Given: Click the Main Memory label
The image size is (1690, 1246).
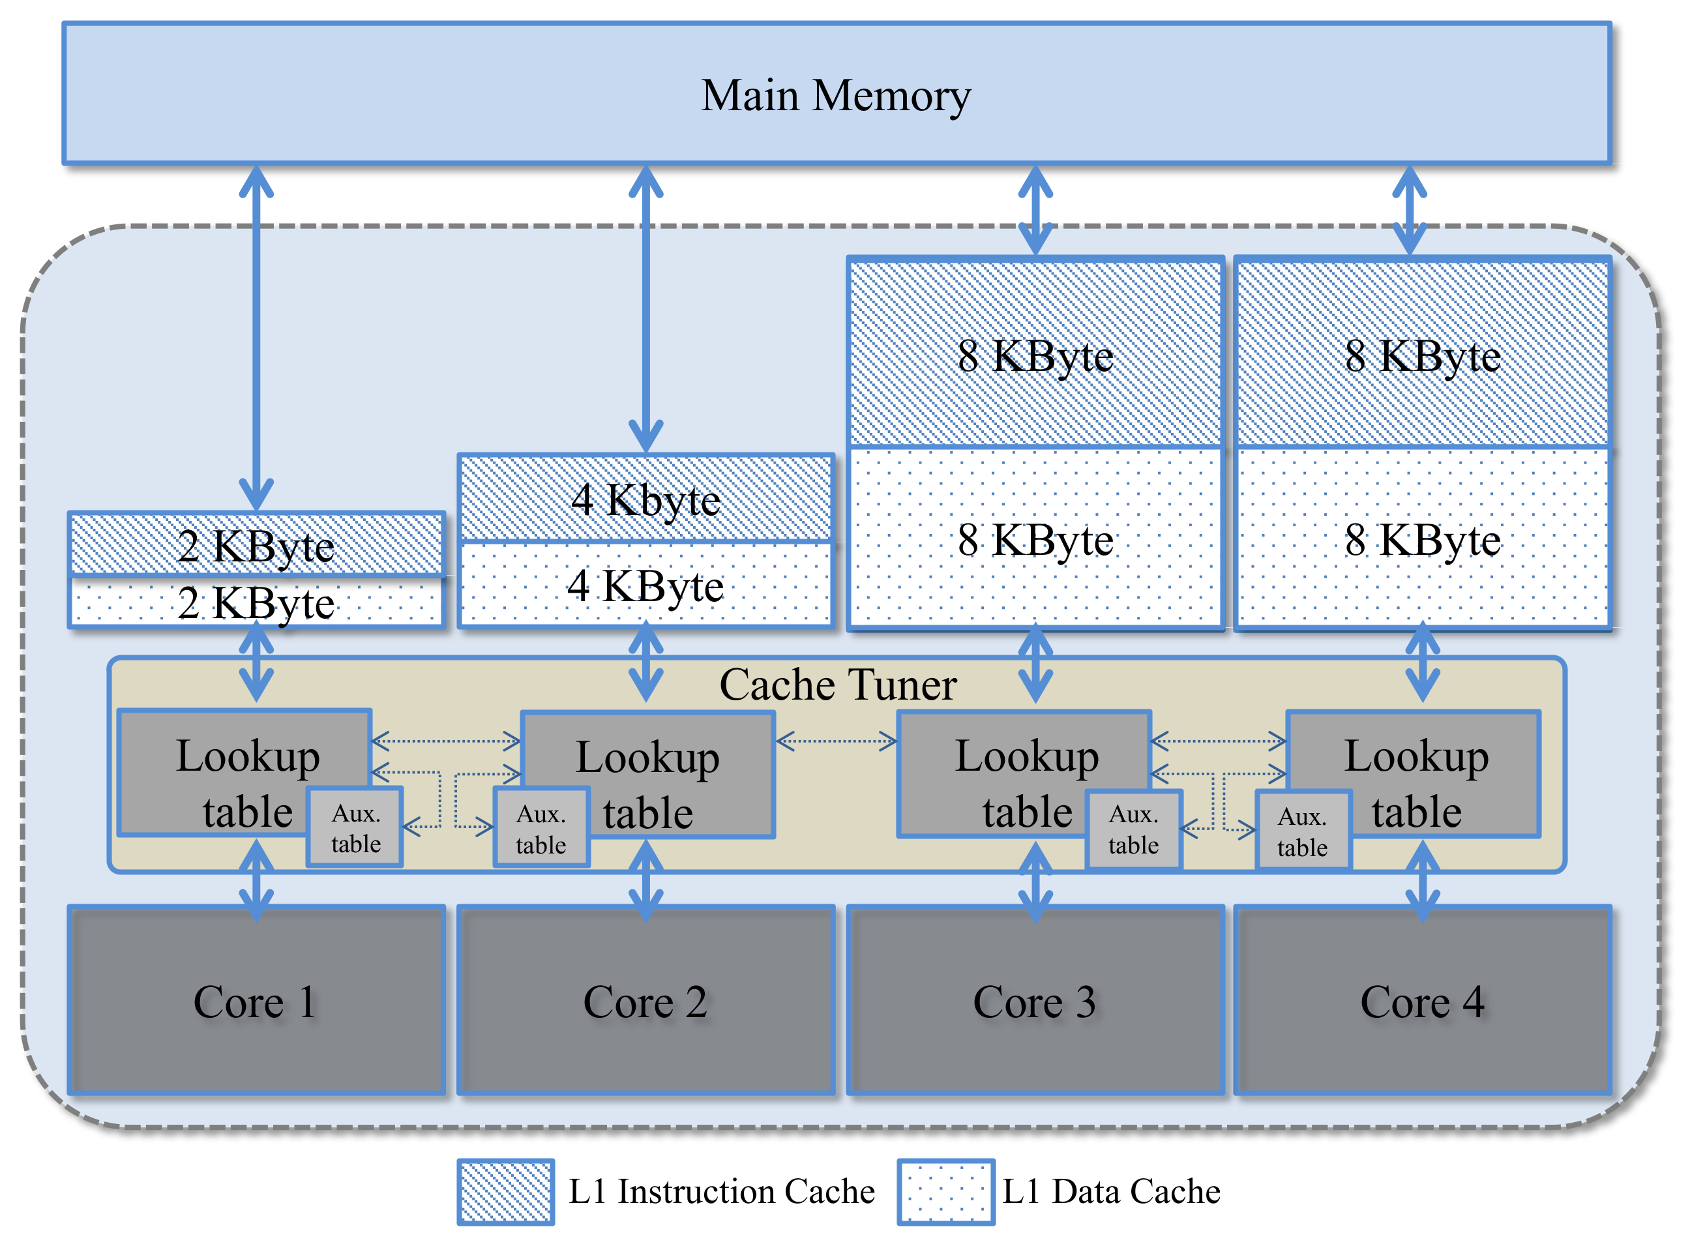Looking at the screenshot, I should tap(836, 96).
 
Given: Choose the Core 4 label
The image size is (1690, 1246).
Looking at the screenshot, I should tap(1421, 1002).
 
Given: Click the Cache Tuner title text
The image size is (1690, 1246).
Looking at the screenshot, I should tap(837, 684).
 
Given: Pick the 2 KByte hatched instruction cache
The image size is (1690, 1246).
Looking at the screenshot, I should tap(256, 544).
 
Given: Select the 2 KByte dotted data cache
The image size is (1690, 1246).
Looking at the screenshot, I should tap(256, 602).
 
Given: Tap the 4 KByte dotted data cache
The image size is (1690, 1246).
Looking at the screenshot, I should tap(645, 585).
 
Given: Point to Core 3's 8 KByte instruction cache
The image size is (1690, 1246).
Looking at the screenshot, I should tap(1035, 354).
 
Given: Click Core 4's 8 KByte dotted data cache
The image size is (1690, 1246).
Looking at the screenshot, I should tap(1422, 539).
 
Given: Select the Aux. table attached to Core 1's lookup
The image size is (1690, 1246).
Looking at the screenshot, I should tap(355, 827).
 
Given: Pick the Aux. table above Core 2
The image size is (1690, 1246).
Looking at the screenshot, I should tap(541, 828).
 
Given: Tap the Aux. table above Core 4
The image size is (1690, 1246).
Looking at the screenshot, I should tap(1302, 831).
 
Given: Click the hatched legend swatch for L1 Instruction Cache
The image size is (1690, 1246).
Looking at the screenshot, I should tap(505, 1191).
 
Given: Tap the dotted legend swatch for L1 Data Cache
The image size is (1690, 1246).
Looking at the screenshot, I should tap(945, 1191).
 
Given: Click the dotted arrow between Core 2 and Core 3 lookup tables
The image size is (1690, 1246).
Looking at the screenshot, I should tap(836, 741).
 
